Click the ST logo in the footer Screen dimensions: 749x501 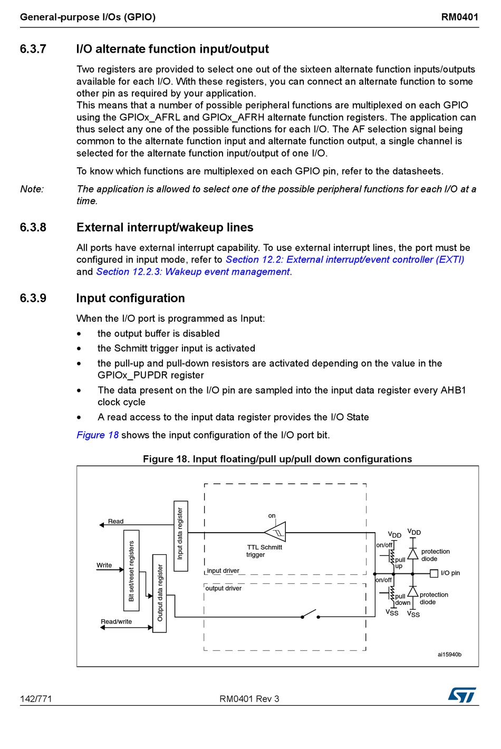point(462,695)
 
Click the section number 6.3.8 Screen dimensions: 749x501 point(33,227)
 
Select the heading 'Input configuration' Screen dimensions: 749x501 point(130,298)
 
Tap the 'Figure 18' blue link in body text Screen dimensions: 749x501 point(98,435)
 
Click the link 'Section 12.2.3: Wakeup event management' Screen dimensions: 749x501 point(193,272)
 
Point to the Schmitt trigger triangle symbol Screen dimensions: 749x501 point(276,532)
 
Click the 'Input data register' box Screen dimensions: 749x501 point(180,536)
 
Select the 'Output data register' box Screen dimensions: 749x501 point(159,593)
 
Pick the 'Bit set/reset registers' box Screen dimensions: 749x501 point(131,571)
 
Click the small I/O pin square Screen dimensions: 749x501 point(434,573)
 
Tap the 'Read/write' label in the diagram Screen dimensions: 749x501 point(117,621)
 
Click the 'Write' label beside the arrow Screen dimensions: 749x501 point(104,565)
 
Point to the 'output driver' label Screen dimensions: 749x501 point(224,588)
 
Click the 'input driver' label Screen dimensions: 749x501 point(223,571)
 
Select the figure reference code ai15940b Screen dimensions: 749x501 point(449,655)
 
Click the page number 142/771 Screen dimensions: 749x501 point(36,699)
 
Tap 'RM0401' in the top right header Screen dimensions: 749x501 point(459,17)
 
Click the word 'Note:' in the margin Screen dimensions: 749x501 point(32,189)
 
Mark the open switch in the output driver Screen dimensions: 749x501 point(310,615)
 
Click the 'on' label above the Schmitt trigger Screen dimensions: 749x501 point(272,516)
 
